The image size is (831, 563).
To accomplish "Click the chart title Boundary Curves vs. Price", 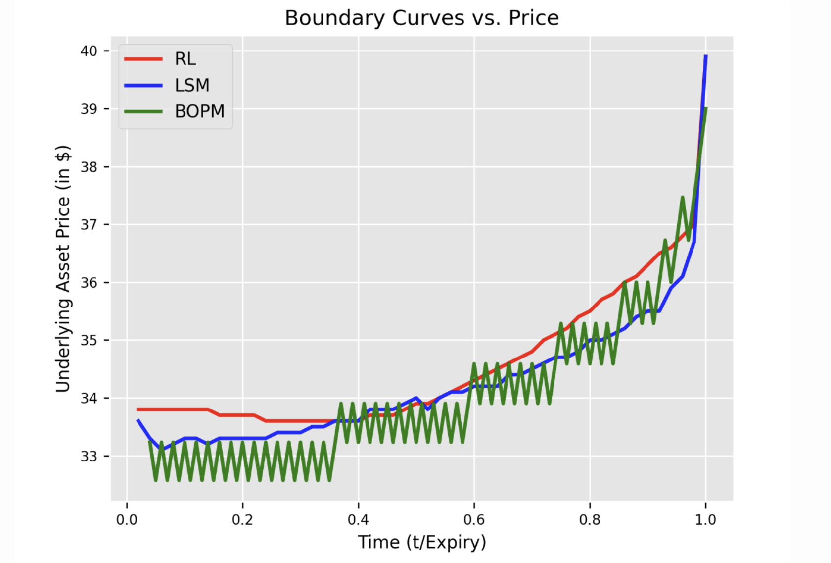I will tap(422, 18).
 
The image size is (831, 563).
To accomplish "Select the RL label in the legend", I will tap(185, 59).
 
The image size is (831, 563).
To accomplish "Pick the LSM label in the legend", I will tap(192, 85).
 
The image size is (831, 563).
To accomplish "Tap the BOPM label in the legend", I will tap(199, 111).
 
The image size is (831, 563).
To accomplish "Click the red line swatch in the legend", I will tap(143, 59).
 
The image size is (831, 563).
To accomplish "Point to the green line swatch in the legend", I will tap(143, 111).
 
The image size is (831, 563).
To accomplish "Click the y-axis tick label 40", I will tap(89, 51).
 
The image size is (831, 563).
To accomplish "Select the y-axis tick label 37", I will tap(89, 225).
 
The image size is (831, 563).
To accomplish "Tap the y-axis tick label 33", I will tap(89, 456).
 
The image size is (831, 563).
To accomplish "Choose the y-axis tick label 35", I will tap(89, 340).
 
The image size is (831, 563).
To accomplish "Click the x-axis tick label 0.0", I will tap(127, 520).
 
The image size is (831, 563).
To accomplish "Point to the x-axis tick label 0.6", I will tap(474, 520).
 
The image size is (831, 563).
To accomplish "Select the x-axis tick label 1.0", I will tap(705, 520).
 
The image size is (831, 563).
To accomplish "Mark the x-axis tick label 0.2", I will tap(242, 520).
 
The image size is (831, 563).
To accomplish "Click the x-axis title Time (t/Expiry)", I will tap(422, 543).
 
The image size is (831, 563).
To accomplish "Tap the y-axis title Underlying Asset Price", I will tap(63, 269).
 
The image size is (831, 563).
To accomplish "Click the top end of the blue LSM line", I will tap(706, 56).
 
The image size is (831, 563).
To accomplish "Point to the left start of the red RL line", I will tap(138, 409).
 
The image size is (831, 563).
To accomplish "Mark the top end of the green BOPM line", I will tap(706, 108).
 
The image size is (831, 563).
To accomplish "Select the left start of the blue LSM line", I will tap(138, 420).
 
